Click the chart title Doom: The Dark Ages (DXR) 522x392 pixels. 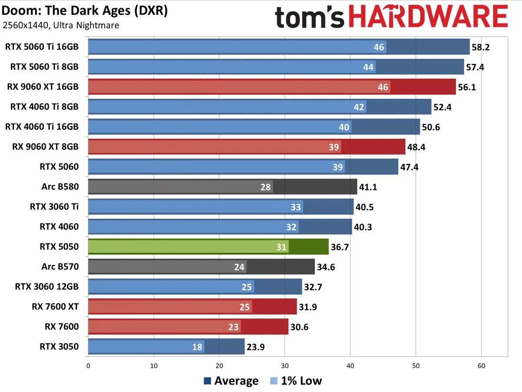click(x=85, y=10)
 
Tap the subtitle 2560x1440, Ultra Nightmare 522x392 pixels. click(x=61, y=25)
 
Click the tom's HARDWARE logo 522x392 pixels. click(x=391, y=18)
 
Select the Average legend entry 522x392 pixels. click(x=231, y=381)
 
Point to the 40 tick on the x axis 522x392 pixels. click(x=350, y=366)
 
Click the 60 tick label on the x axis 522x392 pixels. click(x=481, y=366)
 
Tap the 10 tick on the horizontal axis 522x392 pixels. click(x=154, y=366)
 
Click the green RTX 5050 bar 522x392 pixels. click(x=208, y=247)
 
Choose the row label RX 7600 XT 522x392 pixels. click(x=55, y=307)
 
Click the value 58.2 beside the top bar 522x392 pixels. click(x=481, y=47)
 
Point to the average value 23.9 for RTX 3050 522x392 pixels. click(x=256, y=347)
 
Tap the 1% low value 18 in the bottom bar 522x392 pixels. click(x=197, y=347)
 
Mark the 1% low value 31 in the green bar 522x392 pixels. click(x=281, y=247)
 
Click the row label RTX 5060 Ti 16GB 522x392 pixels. click(x=42, y=47)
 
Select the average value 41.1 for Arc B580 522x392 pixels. click(x=368, y=187)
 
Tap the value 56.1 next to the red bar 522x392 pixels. click(x=467, y=87)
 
